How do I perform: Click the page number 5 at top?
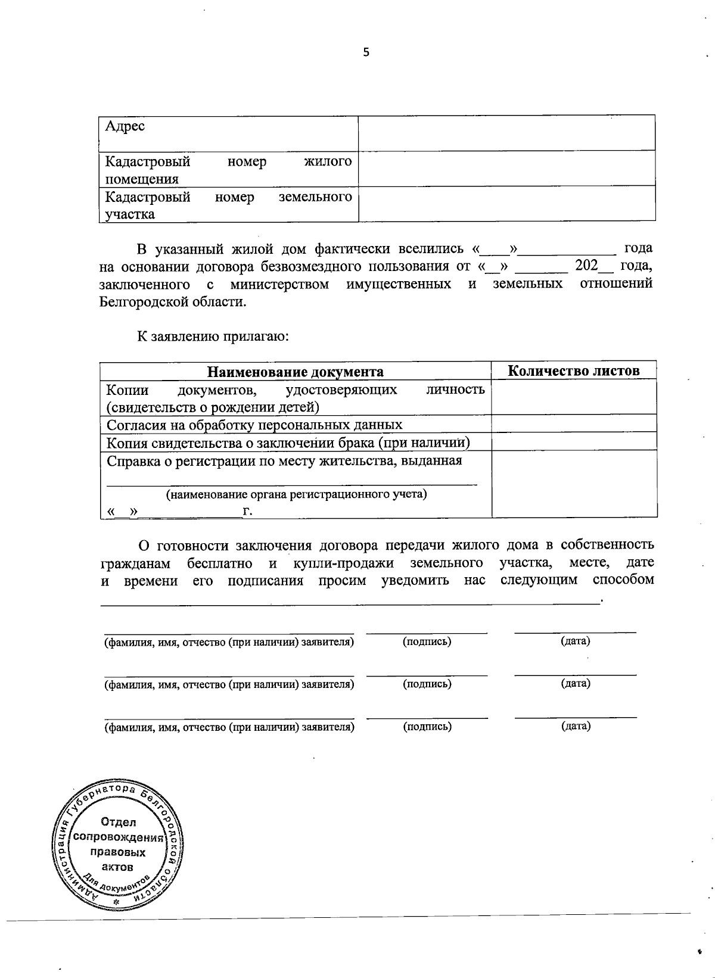tap(366, 52)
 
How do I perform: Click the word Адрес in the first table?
tap(125, 126)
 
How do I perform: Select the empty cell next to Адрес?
tap(506, 133)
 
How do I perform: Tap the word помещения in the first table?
tap(142, 179)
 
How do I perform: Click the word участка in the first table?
tap(130, 214)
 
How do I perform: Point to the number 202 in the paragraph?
tap(586, 266)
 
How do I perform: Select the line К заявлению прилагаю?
tap(213, 337)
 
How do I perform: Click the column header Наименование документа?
tap(295, 372)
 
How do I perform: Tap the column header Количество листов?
tap(573, 370)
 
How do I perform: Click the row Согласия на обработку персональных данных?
tap(254, 425)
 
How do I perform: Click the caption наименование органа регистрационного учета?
tap(296, 494)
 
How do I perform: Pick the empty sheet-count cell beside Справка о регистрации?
tap(573, 484)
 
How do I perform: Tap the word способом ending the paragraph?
tap(623, 580)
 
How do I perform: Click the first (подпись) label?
tap(427, 641)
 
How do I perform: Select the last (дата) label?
tap(575, 726)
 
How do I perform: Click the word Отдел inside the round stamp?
tap(119, 822)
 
